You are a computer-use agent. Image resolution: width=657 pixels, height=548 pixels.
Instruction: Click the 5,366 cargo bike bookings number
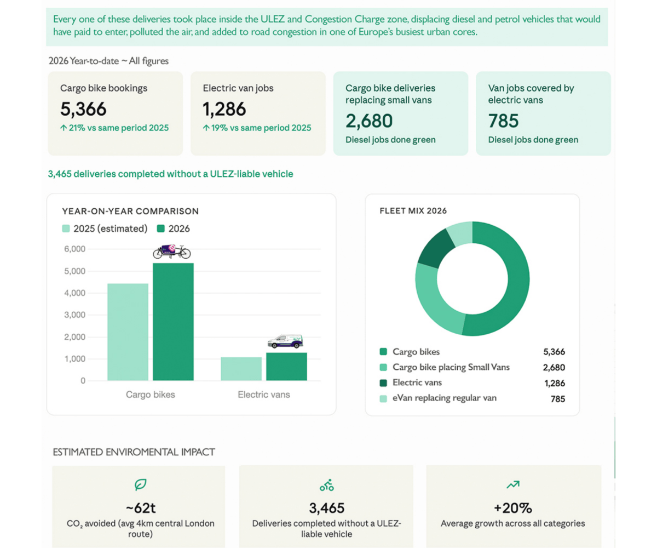(83, 109)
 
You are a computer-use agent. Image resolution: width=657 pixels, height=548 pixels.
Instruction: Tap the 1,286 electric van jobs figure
(224, 109)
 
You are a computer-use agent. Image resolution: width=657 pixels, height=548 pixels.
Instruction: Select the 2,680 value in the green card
(369, 121)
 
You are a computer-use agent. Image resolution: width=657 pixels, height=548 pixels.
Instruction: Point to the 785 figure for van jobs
(503, 121)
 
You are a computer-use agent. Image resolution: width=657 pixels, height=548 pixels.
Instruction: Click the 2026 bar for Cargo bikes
(173, 322)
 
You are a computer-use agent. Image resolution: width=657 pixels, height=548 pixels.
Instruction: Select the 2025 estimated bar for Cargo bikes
(128, 332)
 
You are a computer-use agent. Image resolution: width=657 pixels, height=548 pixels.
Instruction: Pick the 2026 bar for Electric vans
(286, 367)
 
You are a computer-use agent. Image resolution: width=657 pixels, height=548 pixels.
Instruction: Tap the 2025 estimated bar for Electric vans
(241, 369)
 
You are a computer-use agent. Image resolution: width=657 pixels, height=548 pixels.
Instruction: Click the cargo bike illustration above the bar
(172, 252)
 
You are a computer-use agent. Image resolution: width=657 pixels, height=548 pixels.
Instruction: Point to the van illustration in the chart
(285, 341)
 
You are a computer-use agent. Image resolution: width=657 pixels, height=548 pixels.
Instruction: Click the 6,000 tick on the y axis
(74, 249)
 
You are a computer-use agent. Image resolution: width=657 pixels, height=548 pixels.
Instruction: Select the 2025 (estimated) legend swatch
(66, 229)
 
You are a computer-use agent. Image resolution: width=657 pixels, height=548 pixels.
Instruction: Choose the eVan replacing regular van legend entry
(444, 398)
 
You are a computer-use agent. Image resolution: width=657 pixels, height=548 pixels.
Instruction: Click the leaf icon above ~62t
(140, 484)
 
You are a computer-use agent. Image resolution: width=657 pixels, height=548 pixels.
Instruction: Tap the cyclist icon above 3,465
(327, 485)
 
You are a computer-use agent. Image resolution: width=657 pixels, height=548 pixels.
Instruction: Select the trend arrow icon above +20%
(513, 484)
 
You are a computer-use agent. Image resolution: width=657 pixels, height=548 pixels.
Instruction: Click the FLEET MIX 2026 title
(413, 210)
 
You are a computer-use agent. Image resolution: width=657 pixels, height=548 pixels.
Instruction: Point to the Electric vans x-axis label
(264, 395)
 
